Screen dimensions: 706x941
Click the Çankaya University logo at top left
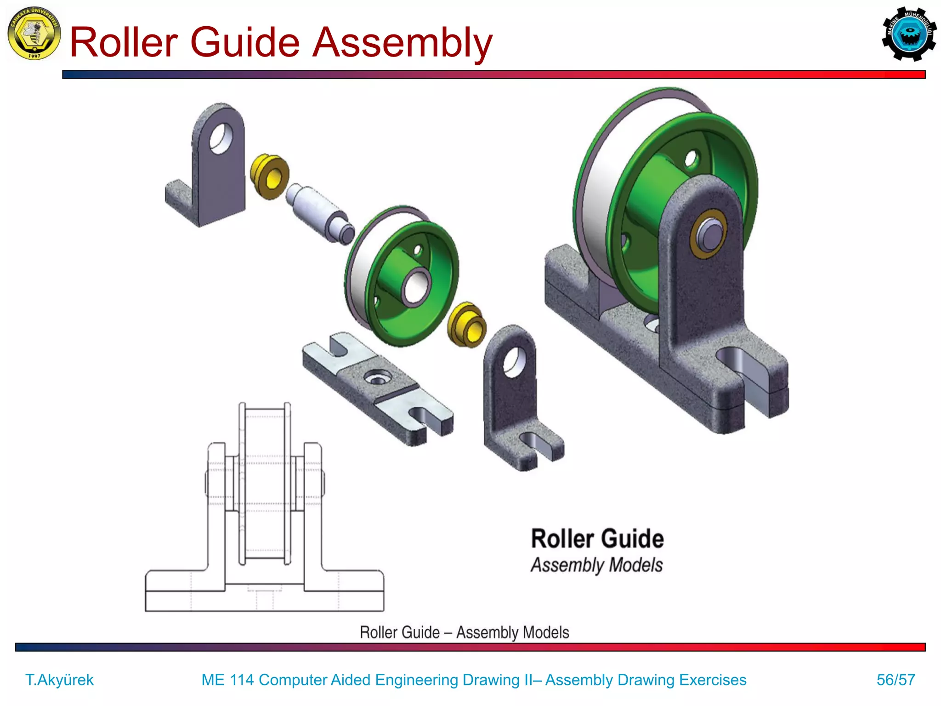(34, 34)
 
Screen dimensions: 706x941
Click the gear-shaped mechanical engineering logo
(909, 34)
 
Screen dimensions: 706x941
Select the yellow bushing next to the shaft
(270, 176)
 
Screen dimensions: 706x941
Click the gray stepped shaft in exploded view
(320, 212)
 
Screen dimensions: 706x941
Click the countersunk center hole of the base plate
(377, 378)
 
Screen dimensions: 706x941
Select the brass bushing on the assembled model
(708, 234)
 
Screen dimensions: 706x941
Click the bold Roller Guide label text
(597, 539)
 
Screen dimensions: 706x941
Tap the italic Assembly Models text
(596, 565)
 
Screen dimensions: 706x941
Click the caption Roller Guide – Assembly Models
(464, 632)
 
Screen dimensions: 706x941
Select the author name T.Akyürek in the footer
(59, 680)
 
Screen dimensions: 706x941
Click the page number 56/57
(896, 680)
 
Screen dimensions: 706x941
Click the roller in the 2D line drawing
(265, 483)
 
